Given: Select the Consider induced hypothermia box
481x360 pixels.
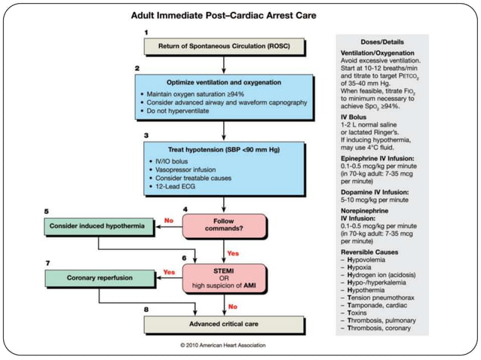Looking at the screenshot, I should (x=97, y=226).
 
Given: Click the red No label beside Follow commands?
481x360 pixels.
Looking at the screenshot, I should (x=169, y=221).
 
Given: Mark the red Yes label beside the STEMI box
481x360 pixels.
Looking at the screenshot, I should (x=169, y=271).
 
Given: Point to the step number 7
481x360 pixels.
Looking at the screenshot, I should (x=49, y=262).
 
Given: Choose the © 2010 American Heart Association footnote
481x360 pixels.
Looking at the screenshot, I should (x=228, y=345).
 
